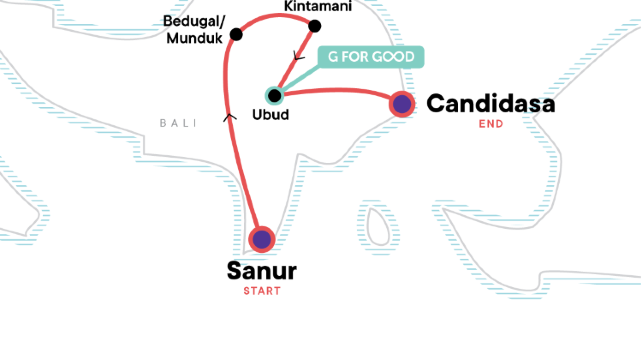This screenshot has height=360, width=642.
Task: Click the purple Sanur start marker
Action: (261, 239)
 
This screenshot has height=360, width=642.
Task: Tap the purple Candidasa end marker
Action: (402, 103)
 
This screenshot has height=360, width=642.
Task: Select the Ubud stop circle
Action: (274, 95)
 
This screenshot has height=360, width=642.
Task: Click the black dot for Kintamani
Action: (315, 27)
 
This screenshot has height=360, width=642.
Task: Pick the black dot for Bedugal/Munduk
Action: (236, 35)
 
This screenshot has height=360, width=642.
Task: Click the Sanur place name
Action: (262, 271)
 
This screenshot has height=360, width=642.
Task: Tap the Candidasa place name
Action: (490, 103)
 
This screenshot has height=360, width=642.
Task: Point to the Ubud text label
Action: (271, 116)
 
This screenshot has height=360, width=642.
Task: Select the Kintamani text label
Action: (317, 7)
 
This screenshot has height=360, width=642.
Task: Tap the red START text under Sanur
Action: (262, 291)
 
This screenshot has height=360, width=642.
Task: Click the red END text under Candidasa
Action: (491, 125)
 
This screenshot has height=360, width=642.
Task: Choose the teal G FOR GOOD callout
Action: (371, 57)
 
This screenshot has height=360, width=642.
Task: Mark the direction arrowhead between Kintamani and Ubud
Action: (293, 57)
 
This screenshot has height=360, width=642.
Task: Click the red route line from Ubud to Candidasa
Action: (340, 92)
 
